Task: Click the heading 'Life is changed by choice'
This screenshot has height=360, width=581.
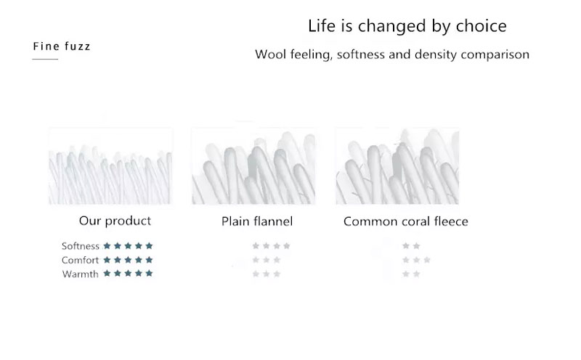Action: pyautogui.click(x=407, y=26)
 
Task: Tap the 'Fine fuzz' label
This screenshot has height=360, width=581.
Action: pyautogui.click(x=62, y=46)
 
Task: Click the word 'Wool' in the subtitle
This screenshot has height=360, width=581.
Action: pyautogui.click(x=270, y=54)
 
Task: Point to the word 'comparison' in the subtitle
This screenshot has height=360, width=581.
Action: pyautogui.click(x=495, y=55)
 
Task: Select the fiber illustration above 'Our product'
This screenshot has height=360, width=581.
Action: pyautogui.click(x=110, y=166)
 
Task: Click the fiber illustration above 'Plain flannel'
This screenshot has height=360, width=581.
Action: pyautogui.click(x=253, y=166)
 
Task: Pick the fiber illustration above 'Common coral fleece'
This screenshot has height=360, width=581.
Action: pyautogui.click(x=397, y=166)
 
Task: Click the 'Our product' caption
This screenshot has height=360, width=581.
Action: pyautogui.click(x=115, y=221)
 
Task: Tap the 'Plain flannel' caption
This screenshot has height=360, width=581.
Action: pyautogui.click(x=257, y=221)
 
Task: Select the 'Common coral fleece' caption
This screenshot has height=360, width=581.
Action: pyautogui.click(x=406, y=221)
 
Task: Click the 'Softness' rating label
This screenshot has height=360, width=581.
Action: pyautogui.click(x=81, y=246)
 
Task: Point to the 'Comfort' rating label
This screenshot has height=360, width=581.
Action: pyautogui.click(x=80, y=260)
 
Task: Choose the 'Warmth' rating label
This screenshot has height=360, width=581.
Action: pyautogui.click(x=81, y=274)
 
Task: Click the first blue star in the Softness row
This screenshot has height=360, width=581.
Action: pyautogui.click(x=107, y=245)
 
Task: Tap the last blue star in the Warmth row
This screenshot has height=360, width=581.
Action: pyautogui.click(x=149, y=274)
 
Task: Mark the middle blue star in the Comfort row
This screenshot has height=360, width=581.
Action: pyautogui.click(x=128, y=260)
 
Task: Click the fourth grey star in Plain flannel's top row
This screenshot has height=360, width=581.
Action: pyautogui.click(x=286, y=245)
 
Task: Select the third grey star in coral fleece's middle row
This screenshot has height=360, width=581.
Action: pyautogui.click(x=427, y=260)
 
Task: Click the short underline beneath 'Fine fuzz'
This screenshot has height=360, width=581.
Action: pyautogui.click(x=45, y=59)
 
